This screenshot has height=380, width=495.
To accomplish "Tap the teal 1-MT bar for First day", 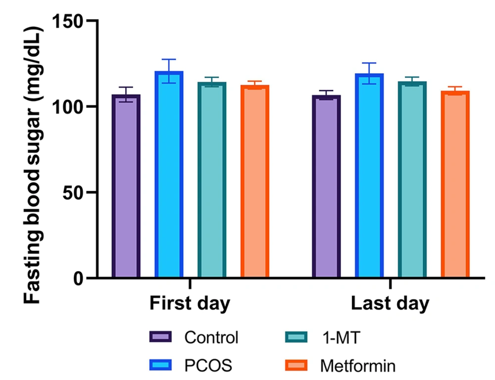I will point(212,180).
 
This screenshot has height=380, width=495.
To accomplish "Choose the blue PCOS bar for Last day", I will point(369,176).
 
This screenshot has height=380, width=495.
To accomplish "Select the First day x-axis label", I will point(190,304).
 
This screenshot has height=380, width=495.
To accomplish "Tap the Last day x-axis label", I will point(390,304).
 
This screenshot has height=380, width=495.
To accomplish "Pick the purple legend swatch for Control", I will point(160,337).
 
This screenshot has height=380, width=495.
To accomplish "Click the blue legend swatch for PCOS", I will point(160,366).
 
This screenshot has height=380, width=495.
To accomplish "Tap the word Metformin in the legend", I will point(358,366).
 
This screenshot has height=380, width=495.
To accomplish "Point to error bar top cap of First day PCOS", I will point(169,59).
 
